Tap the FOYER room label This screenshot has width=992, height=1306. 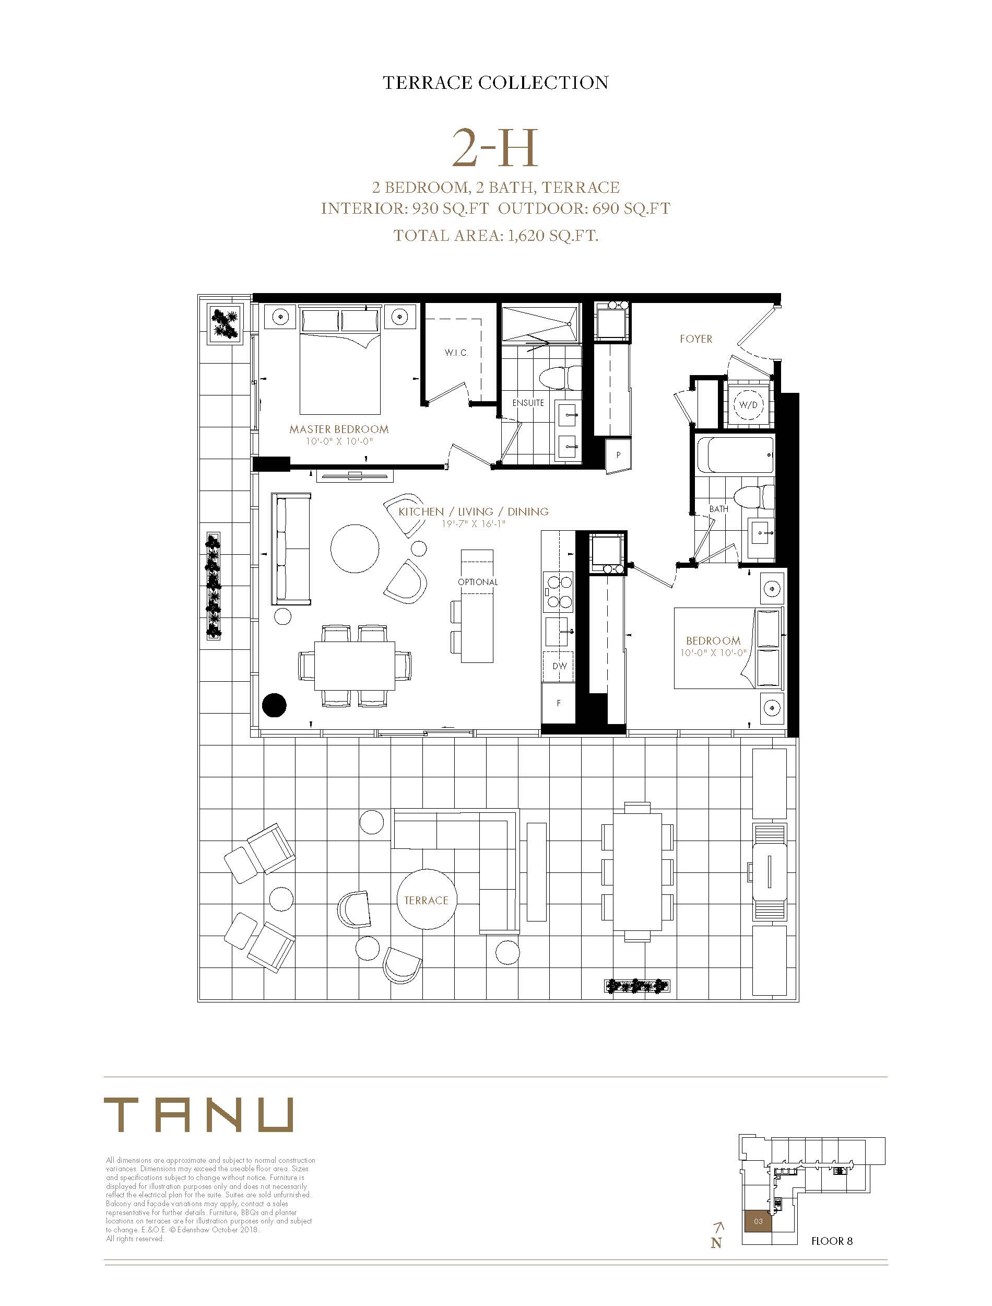coord(695,339)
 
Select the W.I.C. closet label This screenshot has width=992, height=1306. coord(456,353)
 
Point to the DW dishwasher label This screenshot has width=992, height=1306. coord(559,666)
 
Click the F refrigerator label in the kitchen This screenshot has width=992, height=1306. coord(559,704)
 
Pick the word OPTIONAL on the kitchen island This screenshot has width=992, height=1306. coord(478,582)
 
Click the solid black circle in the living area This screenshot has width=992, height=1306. coord(274,705)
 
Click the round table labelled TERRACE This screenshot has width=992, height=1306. coord(427,900)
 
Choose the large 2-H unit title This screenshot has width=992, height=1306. coord(495,148)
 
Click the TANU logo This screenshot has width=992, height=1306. coord(198,1115)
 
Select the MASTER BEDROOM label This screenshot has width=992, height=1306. coord(339,429)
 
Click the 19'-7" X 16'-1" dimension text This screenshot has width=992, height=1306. coord(474,523)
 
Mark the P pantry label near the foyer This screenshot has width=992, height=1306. coord(618,455)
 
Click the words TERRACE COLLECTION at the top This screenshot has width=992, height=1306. coord(495,83)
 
